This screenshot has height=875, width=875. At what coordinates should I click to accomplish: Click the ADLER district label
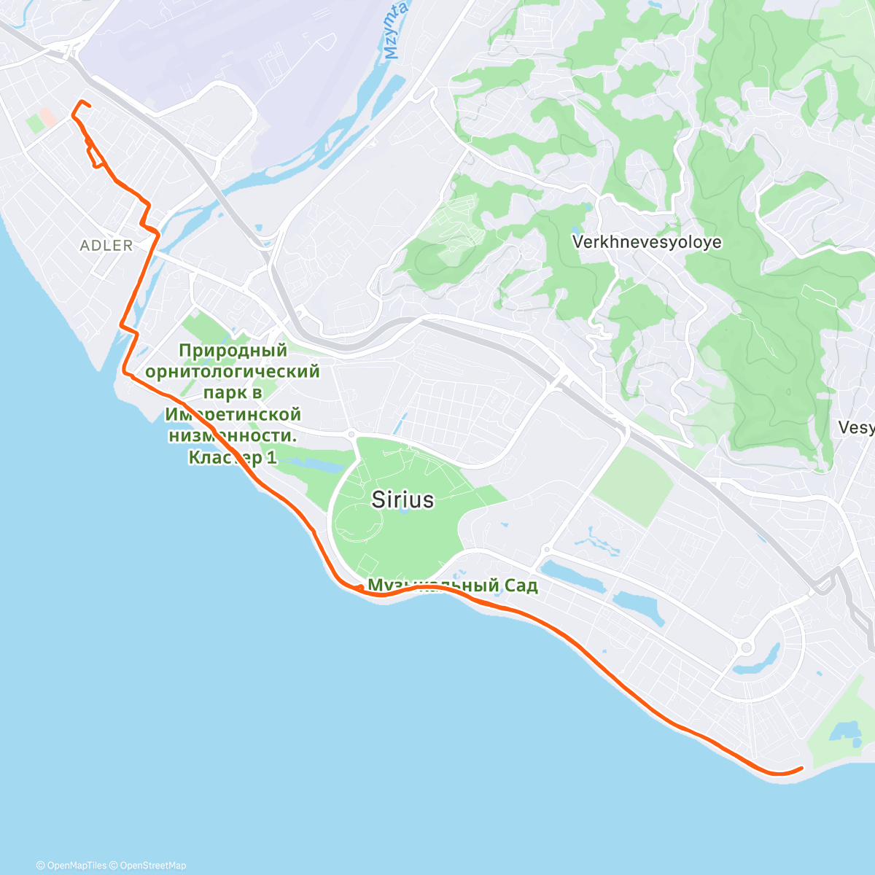106,246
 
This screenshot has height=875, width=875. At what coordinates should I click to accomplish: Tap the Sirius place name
402,499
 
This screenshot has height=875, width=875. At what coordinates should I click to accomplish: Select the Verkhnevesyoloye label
647,242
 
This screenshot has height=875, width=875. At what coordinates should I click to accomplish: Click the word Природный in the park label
233,351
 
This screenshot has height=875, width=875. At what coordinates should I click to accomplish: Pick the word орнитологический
233,372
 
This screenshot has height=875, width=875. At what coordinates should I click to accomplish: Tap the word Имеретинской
233,414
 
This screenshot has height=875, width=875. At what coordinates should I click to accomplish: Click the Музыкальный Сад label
452,586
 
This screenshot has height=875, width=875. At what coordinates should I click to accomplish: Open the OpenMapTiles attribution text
71,866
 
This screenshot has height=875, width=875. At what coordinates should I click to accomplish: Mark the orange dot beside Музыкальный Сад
360,588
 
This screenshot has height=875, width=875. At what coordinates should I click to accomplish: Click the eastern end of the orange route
801,768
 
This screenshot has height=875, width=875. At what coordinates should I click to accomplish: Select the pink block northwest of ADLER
47,117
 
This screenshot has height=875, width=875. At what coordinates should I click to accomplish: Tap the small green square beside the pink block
34,123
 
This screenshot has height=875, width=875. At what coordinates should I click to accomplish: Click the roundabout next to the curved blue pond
746,647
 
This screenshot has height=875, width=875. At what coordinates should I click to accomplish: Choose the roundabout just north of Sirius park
352,434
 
